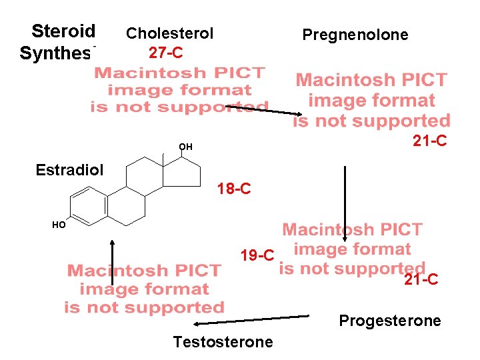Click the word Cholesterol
[169, 33]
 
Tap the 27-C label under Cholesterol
[166, 51]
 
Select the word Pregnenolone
[355, 35]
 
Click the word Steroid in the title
[64, 31]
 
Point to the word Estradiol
[69, 169]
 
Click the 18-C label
[234, 189]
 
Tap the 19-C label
[257, 255]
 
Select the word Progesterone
[390, 321]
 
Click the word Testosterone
[223, 342]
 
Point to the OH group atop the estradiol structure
[185, 147]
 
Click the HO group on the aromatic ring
[59, 225]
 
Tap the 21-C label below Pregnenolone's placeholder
[430, 141]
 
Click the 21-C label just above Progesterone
[421, 280]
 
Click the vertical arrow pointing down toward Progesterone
[345, 203]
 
